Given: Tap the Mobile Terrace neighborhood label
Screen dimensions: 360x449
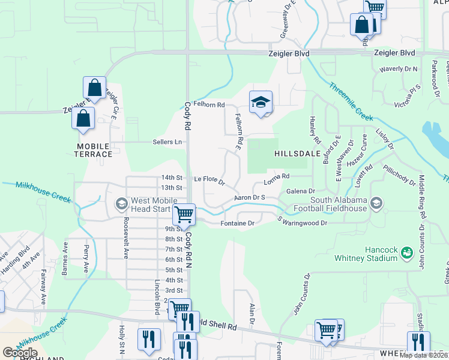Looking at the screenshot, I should [x=94, y=150].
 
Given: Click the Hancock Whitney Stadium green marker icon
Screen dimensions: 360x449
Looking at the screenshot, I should [x=406, y=253].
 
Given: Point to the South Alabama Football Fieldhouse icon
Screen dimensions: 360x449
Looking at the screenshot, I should [x=376, y=204].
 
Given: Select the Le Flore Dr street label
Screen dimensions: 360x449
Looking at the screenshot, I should [x=209, y=179].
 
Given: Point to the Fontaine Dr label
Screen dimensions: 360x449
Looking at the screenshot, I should [x=239, y=223].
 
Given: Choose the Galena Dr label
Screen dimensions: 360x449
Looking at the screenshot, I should [x=301, y=191].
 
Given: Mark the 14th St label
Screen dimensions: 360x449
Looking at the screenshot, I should [x=171, y=177].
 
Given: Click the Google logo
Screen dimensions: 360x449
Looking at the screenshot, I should [x=20, y=352].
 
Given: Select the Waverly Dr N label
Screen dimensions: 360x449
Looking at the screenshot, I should [x=398, y=69].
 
